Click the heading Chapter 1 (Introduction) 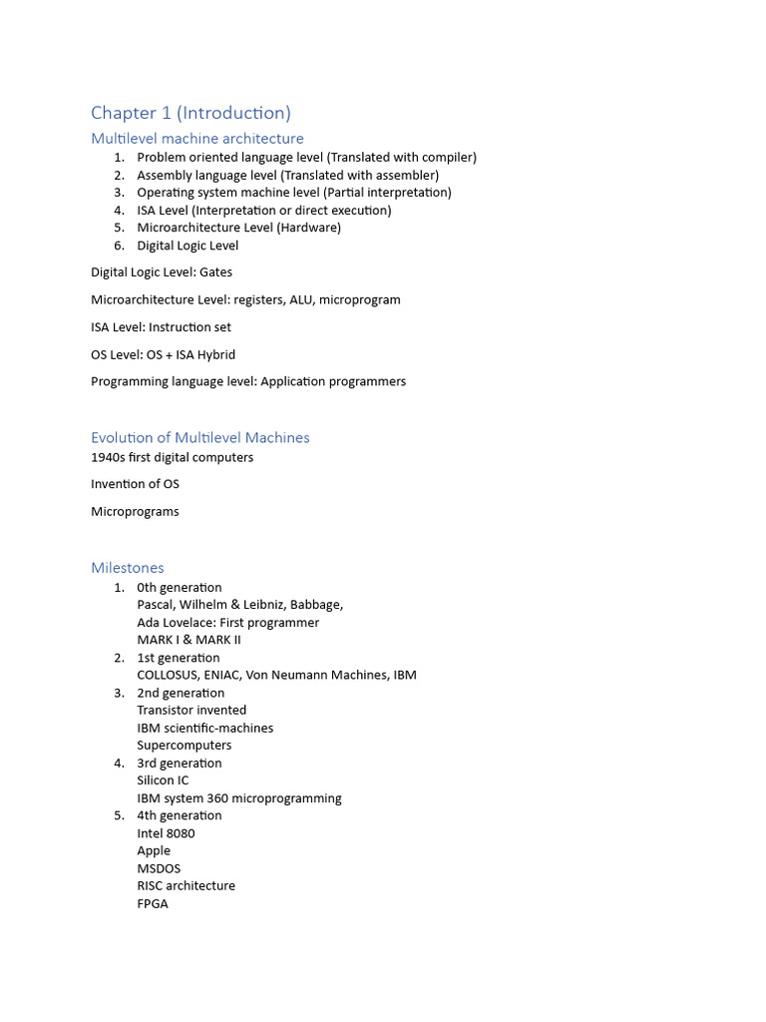coord(191,113)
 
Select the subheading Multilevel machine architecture coord(196,139)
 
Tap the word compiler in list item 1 coord(447,158)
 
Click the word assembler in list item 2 coord(408,175)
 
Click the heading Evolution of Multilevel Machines coord(199,437)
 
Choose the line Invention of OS coord(135,484)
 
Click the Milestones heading coord(127,568)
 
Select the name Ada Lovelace coord(176,623)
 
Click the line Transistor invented coord(191,711)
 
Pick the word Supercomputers coord(184,746)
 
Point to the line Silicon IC coord(163,780)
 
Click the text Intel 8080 coord(166,833)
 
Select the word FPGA coord(153,903)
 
